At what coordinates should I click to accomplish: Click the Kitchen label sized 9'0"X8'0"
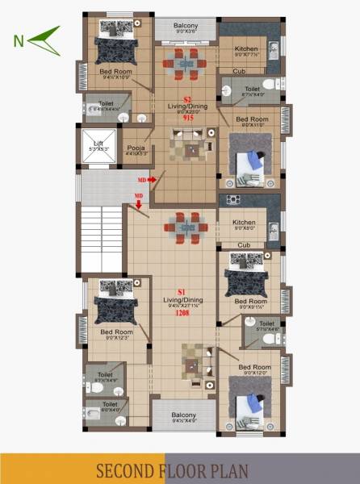tap(244, 224)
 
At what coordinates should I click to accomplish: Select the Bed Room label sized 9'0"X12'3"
tap(115, 333)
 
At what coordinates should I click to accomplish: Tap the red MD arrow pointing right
tap(146, 181)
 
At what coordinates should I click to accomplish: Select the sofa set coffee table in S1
tap(192, 365)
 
